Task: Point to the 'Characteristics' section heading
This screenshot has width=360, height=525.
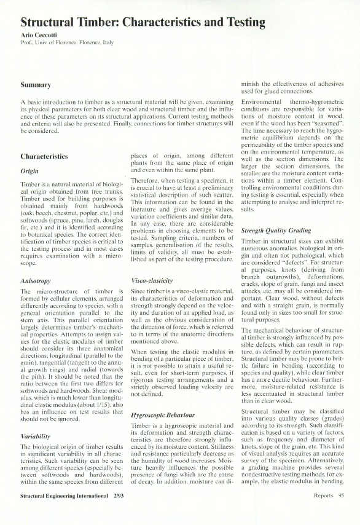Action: pos(47,157)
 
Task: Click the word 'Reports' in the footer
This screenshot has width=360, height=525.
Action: pos(323,511)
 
